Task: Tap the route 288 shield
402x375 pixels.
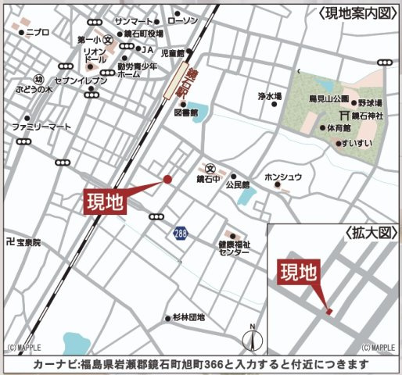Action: click(x=181, y=234)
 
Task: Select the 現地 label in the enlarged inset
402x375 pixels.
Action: click(x=300, y=273)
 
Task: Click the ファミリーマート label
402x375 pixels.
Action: click(x=41, y=126)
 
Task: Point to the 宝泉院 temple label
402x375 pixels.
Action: click(x=28, y=243)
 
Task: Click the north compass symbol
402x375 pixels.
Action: click(x=251, y=338)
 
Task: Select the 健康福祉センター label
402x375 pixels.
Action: click(x=234, y=248)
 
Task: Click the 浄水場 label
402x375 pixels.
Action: click(x=269, y=96)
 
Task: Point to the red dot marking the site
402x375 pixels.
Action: click(x=167, y=180)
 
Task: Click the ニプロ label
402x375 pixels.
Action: click(x=38, y=32)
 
